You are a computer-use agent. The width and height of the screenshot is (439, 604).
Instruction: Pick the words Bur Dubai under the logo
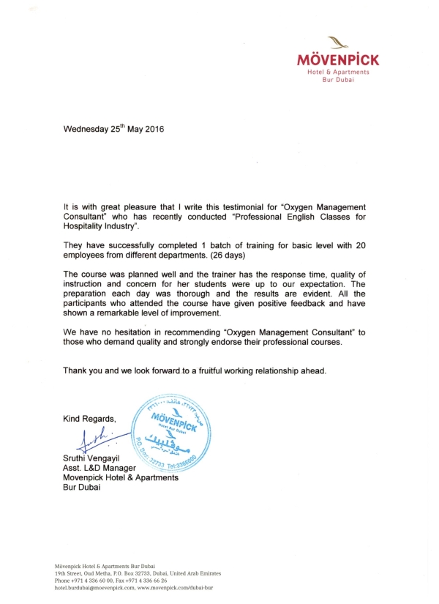337,80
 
